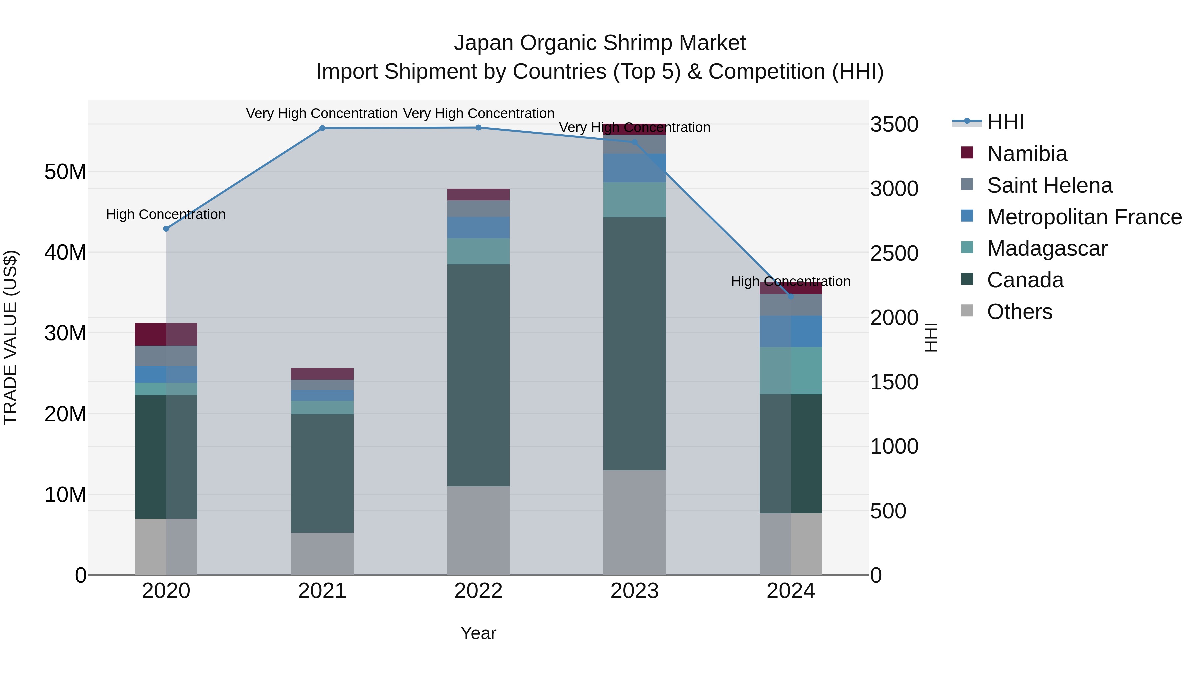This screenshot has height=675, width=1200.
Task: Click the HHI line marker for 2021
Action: pos(322,128)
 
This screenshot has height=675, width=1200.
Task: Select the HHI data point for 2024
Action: pos(791,296)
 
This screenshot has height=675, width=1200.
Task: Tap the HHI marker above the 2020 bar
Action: pos(166,229)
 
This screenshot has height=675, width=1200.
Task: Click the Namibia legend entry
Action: pos(1027,153)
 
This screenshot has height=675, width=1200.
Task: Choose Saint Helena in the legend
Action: pos(1049,185)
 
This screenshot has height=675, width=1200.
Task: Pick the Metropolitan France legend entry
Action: pos(1084,217)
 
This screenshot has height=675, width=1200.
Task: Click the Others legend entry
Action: pos(1019,311)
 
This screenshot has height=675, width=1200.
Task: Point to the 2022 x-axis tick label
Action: pos(478,591)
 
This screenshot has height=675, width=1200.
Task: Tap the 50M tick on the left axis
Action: pos(65,172)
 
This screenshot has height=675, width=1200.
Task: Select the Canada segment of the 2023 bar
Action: pos(634,343)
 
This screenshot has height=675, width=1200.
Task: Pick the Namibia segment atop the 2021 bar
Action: pos(322,374)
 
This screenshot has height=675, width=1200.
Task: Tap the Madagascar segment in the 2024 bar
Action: pos(791,370)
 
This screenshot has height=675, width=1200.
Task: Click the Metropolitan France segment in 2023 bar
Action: pos(634,168)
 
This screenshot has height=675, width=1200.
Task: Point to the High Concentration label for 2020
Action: pos(166,214)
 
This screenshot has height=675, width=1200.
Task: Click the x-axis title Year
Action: pos(478,633)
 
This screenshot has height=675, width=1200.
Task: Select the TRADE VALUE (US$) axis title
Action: pos(10,337)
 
